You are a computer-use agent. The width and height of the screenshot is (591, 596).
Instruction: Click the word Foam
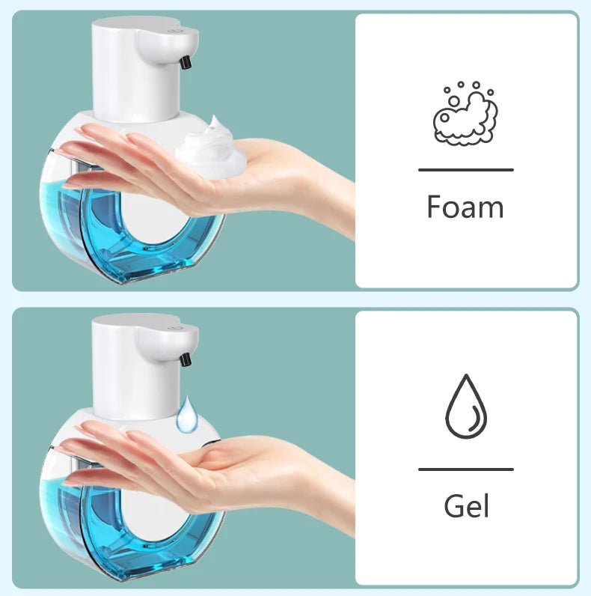465,207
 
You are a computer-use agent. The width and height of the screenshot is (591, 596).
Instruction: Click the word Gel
465,506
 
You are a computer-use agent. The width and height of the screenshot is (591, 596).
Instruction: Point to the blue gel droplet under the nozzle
188,415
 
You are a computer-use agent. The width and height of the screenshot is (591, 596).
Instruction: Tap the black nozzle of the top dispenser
185,61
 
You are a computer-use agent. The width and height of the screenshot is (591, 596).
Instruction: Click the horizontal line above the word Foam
465,170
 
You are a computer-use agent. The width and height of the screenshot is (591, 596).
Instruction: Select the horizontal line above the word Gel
465,469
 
